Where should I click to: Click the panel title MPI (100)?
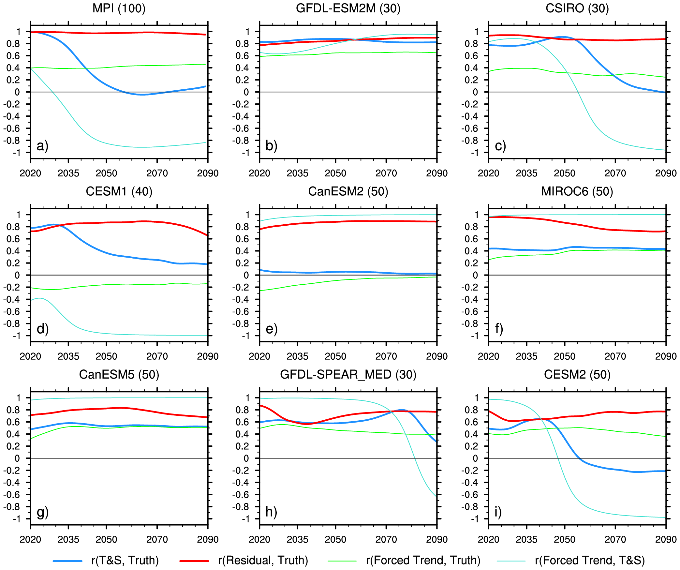coord(119,8)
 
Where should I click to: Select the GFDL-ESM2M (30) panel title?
coord(348,8)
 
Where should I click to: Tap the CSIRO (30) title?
coord(577,8)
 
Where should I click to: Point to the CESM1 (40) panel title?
coord(119,191)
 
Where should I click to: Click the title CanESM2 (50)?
coord(348,191)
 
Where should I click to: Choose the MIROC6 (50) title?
coord(577,191)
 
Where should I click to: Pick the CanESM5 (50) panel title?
coord(119,374)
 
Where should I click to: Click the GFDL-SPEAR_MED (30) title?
coord(348,374)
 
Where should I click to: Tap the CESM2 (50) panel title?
coord(577,374)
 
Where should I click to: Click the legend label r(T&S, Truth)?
coord(125,560)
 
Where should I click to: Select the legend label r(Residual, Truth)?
coord(263,560)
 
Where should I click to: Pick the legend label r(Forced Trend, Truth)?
coord(423,560)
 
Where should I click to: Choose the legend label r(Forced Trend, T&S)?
coord(590,560)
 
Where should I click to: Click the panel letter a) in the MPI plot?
coord(42,145)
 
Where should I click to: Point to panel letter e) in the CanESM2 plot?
coord(271,329)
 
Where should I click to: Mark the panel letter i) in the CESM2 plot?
coord(498,512)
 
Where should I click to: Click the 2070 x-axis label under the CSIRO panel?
coord(615,173)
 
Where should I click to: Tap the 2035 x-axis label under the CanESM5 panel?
coord(68,539)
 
